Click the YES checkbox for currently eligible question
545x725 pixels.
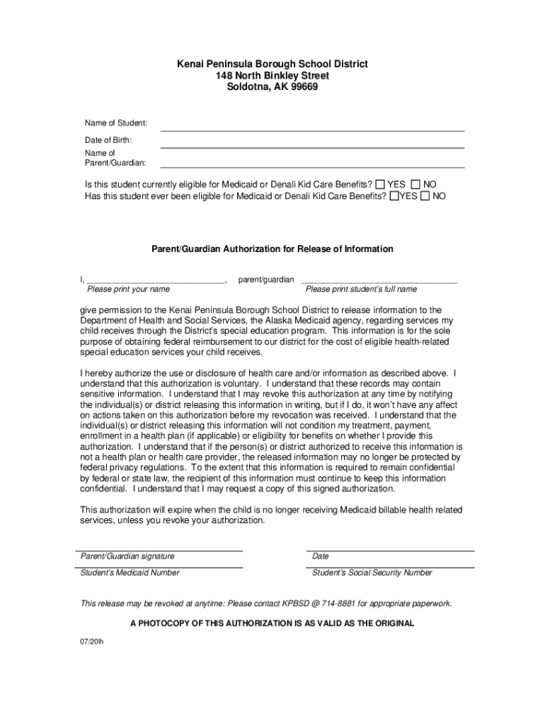click(381, 184)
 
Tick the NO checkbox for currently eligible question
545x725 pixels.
click(415, 184)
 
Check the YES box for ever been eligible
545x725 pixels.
click(394, 196)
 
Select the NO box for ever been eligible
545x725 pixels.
click(425, 196)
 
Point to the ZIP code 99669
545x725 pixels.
click(302, 87)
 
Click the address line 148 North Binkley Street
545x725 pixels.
click(272, 76)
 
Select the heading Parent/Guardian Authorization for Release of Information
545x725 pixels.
click(272, 249)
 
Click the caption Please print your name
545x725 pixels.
click(128, 290)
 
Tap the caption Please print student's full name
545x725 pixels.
click(361, 290)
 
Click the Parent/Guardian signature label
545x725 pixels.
click(127, 556)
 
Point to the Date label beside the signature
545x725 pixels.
click(321, 556)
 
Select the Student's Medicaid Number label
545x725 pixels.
click(130, 573)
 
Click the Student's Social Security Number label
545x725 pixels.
click(372, 573)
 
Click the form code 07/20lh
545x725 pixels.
click(91, 641)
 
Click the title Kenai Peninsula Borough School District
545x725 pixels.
click(272, 64)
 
